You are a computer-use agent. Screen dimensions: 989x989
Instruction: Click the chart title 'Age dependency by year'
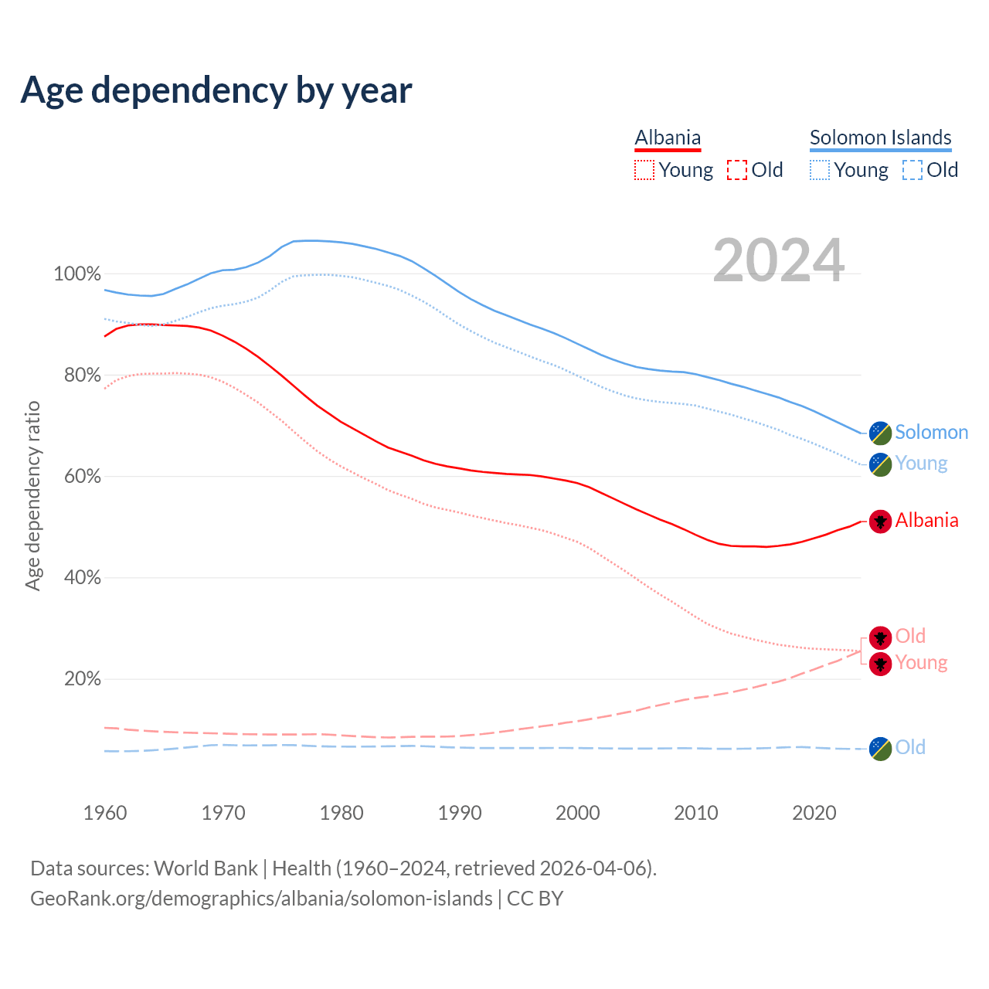[216, 90]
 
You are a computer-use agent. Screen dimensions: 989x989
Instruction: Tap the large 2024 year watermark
[778, 260]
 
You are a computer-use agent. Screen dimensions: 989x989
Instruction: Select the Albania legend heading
[668, 138]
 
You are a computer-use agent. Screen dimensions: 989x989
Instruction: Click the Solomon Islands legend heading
[880, 138]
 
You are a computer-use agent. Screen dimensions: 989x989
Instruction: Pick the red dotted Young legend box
[644, 170]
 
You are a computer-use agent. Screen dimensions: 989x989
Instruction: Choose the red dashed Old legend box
[736, 170]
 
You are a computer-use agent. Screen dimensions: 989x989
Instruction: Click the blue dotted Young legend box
[820, 170]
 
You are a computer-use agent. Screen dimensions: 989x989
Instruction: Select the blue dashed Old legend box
[912, 170]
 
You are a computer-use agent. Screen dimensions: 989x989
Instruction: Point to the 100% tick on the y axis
[77, 274]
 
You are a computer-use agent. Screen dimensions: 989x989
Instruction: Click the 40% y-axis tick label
[82, 578]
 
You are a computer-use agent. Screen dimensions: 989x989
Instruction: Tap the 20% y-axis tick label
[82, 679]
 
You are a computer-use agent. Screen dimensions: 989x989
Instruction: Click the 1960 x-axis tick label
[105, 813]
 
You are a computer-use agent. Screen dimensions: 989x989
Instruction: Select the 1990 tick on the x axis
[460, 813]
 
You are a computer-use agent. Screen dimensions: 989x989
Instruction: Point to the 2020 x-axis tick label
[814, 813]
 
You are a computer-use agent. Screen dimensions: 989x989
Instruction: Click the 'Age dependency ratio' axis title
[32, 495]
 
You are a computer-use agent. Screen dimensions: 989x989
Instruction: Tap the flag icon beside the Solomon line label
[880, 433]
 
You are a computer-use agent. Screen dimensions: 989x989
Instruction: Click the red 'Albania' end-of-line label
[926, 521]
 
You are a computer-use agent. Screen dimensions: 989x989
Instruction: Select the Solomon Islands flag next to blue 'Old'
[880, 748]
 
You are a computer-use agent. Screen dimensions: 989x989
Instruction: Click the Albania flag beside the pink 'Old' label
[880, 637]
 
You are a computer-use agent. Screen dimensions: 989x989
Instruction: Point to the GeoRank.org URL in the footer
[261, 899]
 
